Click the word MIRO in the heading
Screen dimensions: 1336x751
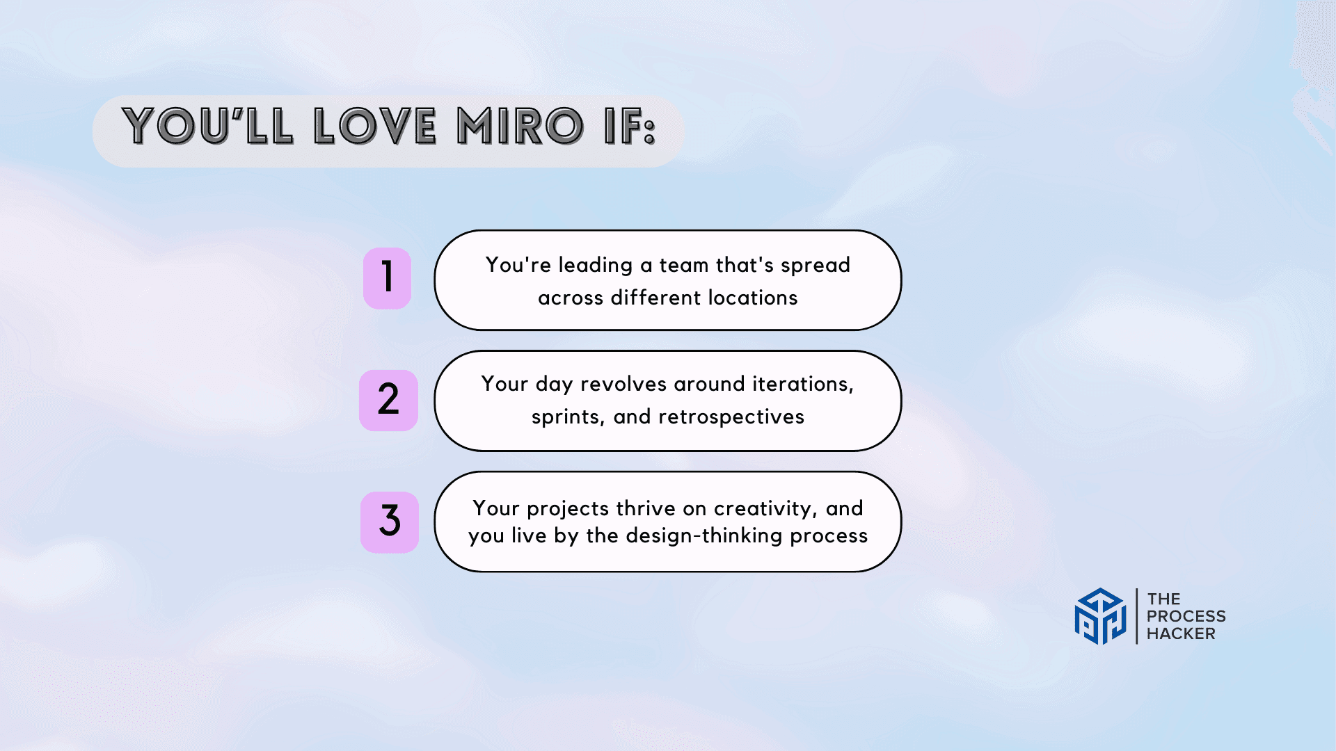520,127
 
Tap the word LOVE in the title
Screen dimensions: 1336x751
375,127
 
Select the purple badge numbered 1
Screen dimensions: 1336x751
388,278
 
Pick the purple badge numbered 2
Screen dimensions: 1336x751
388,400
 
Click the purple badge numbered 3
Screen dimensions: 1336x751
390,522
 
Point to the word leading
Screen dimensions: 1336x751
596,266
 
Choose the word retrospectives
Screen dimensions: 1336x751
731,417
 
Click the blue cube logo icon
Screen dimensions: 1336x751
1100,616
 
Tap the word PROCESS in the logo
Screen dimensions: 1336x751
1186,616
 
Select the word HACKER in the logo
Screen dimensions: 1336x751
1181,633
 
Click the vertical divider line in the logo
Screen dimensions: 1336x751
1137,616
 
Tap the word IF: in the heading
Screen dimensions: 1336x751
630,127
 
